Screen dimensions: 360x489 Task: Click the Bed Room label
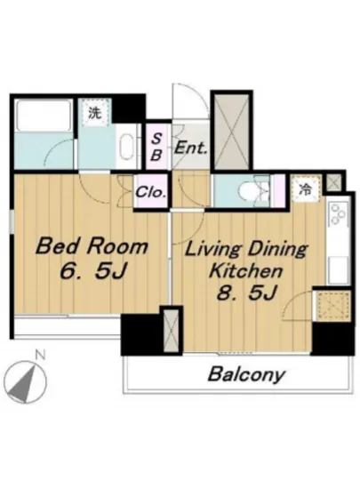coord(92,246)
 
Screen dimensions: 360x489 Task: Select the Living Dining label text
coord(246,250)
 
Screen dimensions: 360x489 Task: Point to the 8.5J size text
coord(247,293)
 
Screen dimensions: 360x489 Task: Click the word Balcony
coord(246,374)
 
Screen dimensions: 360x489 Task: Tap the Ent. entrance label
coord(190,148)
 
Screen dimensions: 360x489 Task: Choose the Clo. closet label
coord(150,192)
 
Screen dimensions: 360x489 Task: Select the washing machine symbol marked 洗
coord(95,113)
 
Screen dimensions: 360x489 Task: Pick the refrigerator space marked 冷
coord(306,189)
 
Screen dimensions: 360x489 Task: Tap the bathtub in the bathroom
coord(44,115)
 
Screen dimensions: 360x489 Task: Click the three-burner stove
coord(339,213)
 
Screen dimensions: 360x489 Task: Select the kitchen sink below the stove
coord(339,269)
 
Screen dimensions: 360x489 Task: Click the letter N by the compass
coord(40,354)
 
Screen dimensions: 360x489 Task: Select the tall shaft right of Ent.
coord(232,132)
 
